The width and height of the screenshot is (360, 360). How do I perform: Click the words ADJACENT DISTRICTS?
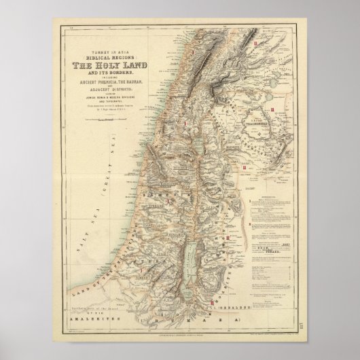click(115, 88)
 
